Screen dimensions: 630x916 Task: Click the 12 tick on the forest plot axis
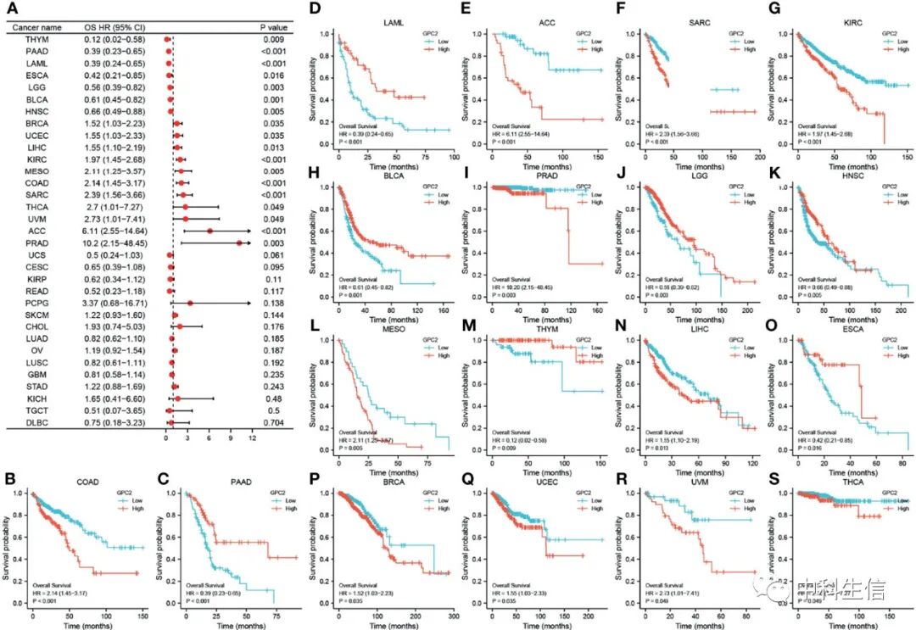click(252, 441)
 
